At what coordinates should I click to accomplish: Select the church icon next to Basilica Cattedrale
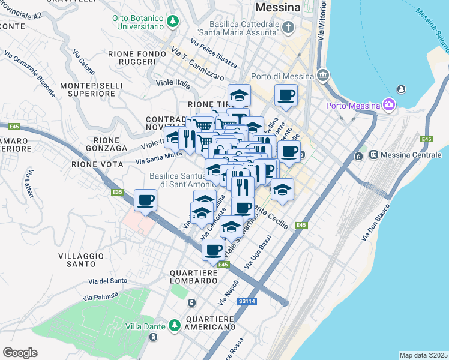tap(289, 27)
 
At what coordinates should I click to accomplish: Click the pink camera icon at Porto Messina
tap(389, 106)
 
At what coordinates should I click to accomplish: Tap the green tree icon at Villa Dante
tap(175, 325)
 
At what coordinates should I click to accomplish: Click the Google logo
tap(20, 353)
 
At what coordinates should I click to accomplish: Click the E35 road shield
tap(118, 192)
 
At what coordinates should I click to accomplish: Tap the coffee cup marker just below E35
tap(146, 200)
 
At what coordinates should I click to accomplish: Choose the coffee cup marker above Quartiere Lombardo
tap(212, 249)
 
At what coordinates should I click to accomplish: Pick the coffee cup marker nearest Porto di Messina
tap(286, 95)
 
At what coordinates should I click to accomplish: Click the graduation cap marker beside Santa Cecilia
tap(282, 190)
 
